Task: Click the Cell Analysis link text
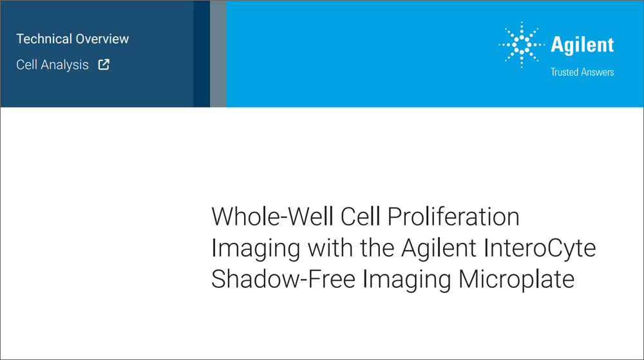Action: click(53, 64)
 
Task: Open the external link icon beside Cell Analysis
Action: click(103, 64)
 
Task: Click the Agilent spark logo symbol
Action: click(521, 45)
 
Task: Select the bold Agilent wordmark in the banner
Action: click(582, 45)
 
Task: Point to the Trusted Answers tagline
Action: click(582, 72)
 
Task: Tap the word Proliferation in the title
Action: click(453, 217)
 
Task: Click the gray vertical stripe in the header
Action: click(218, 53)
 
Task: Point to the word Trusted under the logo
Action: click(565, 72)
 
